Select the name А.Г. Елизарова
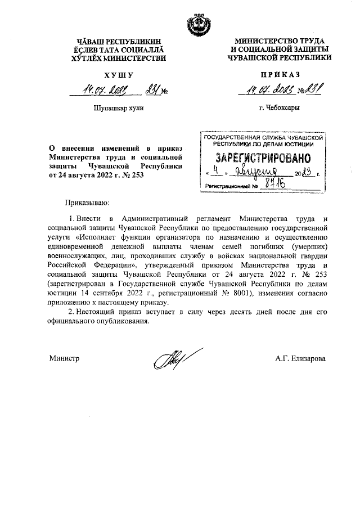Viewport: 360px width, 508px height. coord(300,358)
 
